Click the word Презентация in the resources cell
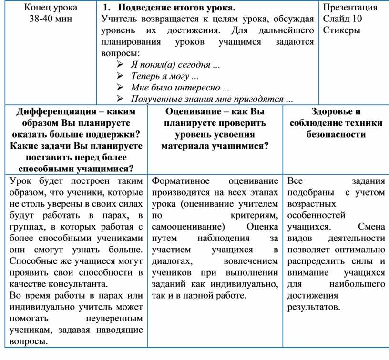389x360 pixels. point(350,8)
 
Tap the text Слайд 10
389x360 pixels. point(342,19)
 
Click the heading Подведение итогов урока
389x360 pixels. point(176,8)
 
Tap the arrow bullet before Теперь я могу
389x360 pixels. point(120,76)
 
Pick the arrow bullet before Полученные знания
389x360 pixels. point(120,99)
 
